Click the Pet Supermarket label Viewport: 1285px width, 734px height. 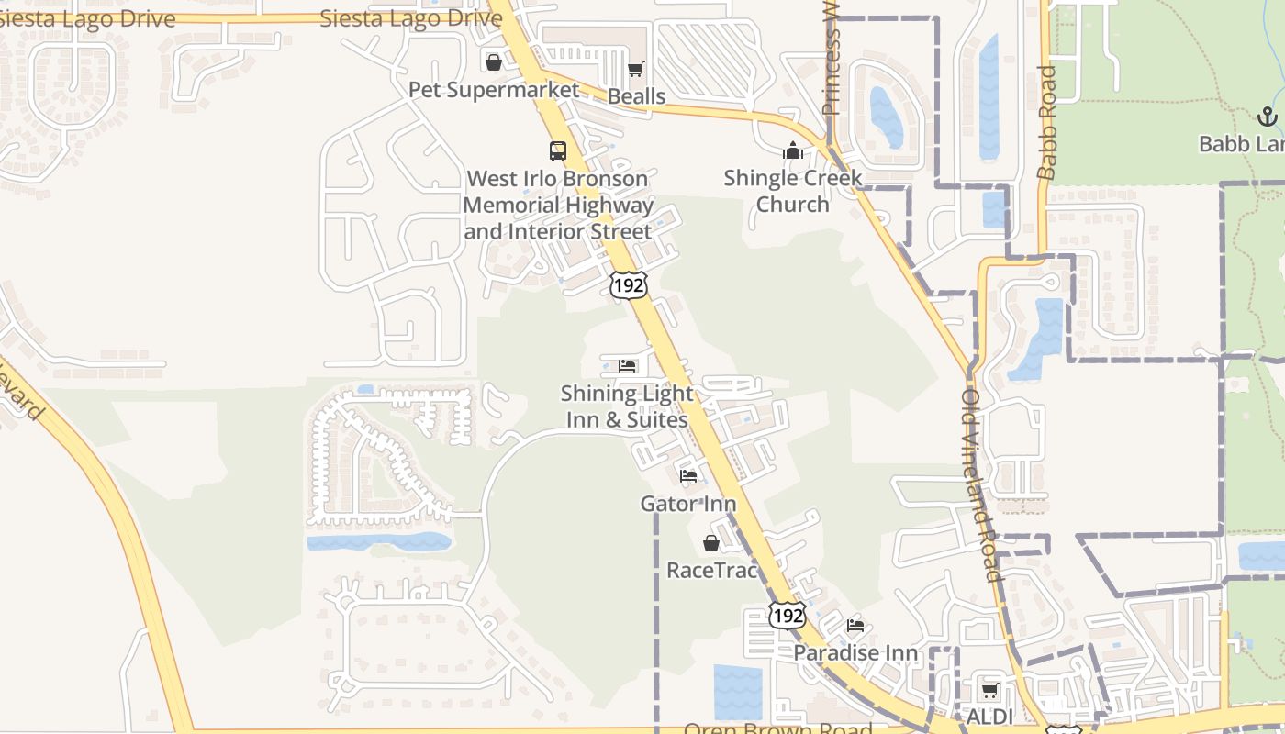point(494,90)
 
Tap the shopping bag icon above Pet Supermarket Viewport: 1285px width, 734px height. point(494,62)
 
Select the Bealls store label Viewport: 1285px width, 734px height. point(636,96)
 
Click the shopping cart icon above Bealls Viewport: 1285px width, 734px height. point(636,70)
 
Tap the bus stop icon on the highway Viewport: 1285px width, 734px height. point(558,151)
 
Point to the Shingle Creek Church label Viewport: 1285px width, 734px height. point(792,191)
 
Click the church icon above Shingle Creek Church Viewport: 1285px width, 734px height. point(793,151)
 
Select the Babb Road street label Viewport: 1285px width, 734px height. point(1047,122)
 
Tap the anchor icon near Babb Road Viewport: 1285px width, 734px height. point(1267,117)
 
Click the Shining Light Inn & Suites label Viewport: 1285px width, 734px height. point(627,406)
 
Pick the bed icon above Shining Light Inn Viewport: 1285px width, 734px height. point(628,366)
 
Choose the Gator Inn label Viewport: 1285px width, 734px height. point(687,504)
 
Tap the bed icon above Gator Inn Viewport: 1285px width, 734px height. point(688,476)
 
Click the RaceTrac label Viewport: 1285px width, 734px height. point(712,570)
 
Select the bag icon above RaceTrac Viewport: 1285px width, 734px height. point(711,543)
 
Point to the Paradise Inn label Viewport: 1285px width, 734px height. point(855,652)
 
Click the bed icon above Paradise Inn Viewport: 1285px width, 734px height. point(855,626)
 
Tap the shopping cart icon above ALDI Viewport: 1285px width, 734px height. point(989,690)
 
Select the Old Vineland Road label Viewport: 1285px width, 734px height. point(978,485)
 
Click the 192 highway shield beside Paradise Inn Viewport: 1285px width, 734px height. point(788,615)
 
